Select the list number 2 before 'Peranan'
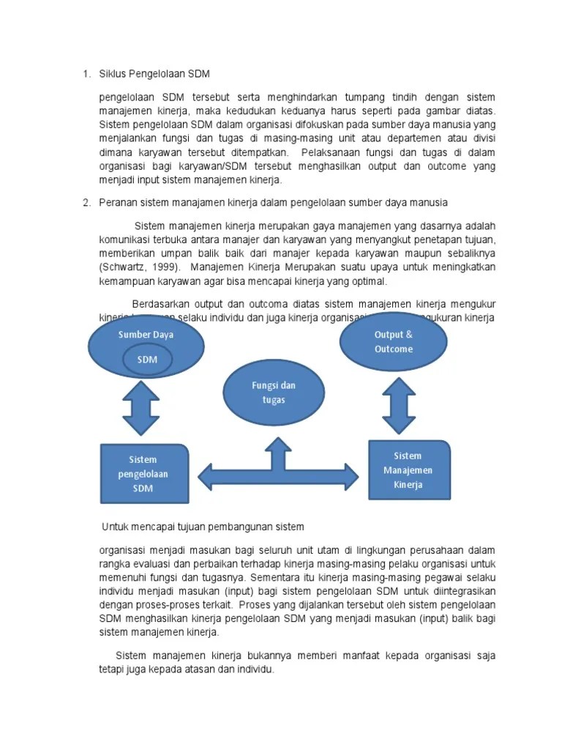click(x=86, y=202)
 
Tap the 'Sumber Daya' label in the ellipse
click(x=146, y=335)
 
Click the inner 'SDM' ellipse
click(x=147, y=360)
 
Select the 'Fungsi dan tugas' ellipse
click(x=274, y=393)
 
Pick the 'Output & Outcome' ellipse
click(x=393, y=342)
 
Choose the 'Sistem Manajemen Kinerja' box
click(x=408, y=470)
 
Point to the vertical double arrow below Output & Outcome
click(x=399, y=404)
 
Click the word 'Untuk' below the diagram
click(x=115, y=527)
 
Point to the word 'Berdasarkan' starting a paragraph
click(x=158, y=304)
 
